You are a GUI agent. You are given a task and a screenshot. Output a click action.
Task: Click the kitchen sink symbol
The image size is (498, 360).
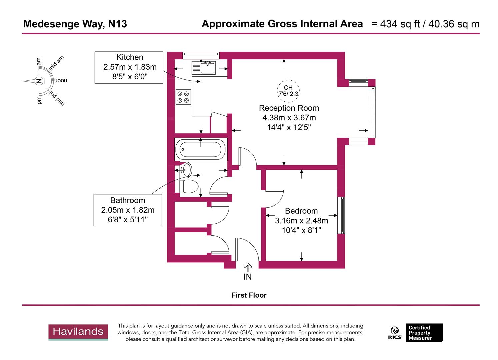[204, 68]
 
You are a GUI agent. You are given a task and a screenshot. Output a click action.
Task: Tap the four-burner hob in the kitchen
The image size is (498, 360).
[183, 97]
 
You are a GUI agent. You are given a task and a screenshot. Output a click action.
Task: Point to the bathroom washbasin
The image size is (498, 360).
[186, 170]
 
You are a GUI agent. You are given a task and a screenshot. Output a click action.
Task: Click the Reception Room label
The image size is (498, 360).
[289, 108]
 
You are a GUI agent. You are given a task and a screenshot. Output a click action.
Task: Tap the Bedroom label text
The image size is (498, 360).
[301, 211]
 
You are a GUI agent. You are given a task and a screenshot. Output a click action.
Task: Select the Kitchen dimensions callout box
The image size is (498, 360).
[129, 67]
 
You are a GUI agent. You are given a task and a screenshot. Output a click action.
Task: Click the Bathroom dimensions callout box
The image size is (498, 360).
[128, 210]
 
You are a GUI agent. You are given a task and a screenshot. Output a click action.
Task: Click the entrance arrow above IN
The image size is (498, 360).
[248, 267]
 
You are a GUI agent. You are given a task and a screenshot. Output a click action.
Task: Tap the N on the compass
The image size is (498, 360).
[39, 81]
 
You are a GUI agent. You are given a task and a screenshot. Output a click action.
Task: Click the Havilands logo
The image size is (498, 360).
[78, 332]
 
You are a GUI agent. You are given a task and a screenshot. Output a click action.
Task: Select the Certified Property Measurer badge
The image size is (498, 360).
[424, 333]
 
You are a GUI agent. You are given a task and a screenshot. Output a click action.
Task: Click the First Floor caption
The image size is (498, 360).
[249, 295]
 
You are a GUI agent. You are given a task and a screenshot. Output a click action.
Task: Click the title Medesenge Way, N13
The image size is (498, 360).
[75, 24]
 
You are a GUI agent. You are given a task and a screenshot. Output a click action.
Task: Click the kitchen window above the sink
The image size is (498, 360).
[201, 55]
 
